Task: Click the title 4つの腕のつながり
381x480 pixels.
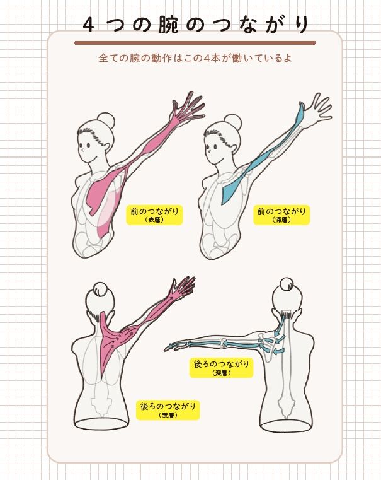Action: (196, 25)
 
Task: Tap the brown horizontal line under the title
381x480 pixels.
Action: (195, 43)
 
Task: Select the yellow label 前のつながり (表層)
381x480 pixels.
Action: (154, 214)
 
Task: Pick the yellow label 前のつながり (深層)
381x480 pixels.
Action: (281, 214)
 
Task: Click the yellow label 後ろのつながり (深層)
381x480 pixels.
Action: (221, 368)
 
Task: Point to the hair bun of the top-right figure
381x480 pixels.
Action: (232, 121)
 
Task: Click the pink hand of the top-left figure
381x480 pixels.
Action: (188, 107)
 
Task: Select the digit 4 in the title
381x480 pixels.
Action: (88, 25)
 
